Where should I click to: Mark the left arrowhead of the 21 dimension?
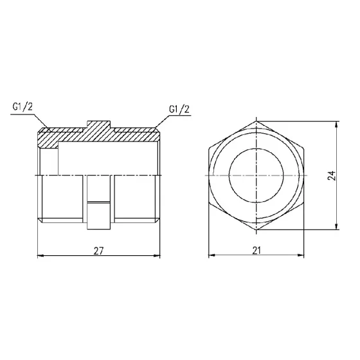[x=212, y=256]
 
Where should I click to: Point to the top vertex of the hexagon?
[x=256, y=121]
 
